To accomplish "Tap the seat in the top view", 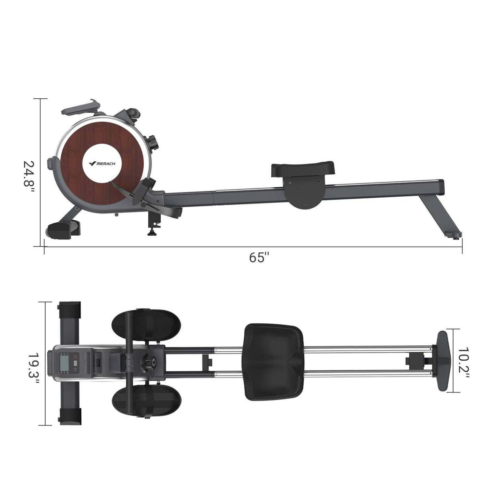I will (x=274, y=362).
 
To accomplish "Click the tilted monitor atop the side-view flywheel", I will (x=81, y=107).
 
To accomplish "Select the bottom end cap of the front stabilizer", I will (x=70, y=416).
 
